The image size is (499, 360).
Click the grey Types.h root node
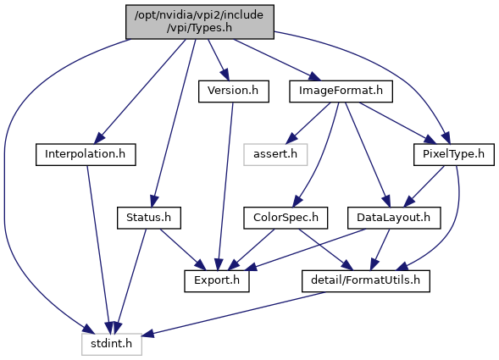200,22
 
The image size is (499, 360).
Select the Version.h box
234,91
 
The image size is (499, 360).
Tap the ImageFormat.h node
341,91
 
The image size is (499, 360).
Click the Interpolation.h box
86,155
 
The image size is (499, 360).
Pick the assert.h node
275,155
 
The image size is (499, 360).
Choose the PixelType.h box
454,155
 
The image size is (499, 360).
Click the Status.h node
149,218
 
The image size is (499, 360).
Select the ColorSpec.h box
286,218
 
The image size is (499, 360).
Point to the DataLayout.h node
394,218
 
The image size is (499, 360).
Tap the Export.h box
217,281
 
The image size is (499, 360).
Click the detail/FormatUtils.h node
366,281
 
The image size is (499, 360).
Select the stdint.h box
111,345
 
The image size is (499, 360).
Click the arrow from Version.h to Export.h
225,186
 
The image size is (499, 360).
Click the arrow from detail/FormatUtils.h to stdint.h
233,313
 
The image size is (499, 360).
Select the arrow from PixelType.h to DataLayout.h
424,186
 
